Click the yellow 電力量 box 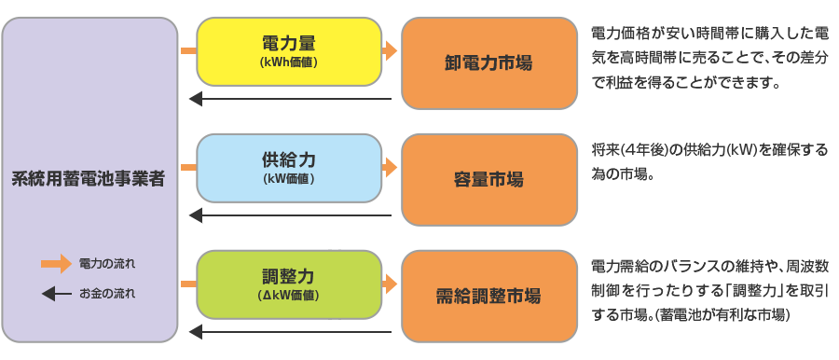pyautogui.click(x=289, y=51)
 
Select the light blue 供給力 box pyautogui.click(x=289, y=168)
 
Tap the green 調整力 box pyautogui.click(x=289, y=284)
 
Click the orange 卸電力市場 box pyautogui.click(x=488, y=63)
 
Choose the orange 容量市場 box pyautogui.click(x=488, y=179)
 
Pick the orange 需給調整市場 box pyautogui.click(x=488, y=297)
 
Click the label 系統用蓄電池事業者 pyautogui.click(x=89, y=177)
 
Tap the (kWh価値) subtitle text pyautogui.click(x=289, y=62)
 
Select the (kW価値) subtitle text pyautogui.click(x=289, y=178)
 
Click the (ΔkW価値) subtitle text pyautogui.click(x=289, y=295)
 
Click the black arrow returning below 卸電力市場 pyautogui.click(x=289, y=99)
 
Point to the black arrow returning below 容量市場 pyautogui.click(x=289, y=215)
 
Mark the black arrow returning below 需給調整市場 pyautogui.click(x=289, y=332)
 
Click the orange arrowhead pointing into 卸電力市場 pyautogui.click(x=391, y=51)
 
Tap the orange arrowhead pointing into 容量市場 pyautogui.click(x=391, y=168)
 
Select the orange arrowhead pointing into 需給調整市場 pyautogui.click(x=391, y=284)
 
